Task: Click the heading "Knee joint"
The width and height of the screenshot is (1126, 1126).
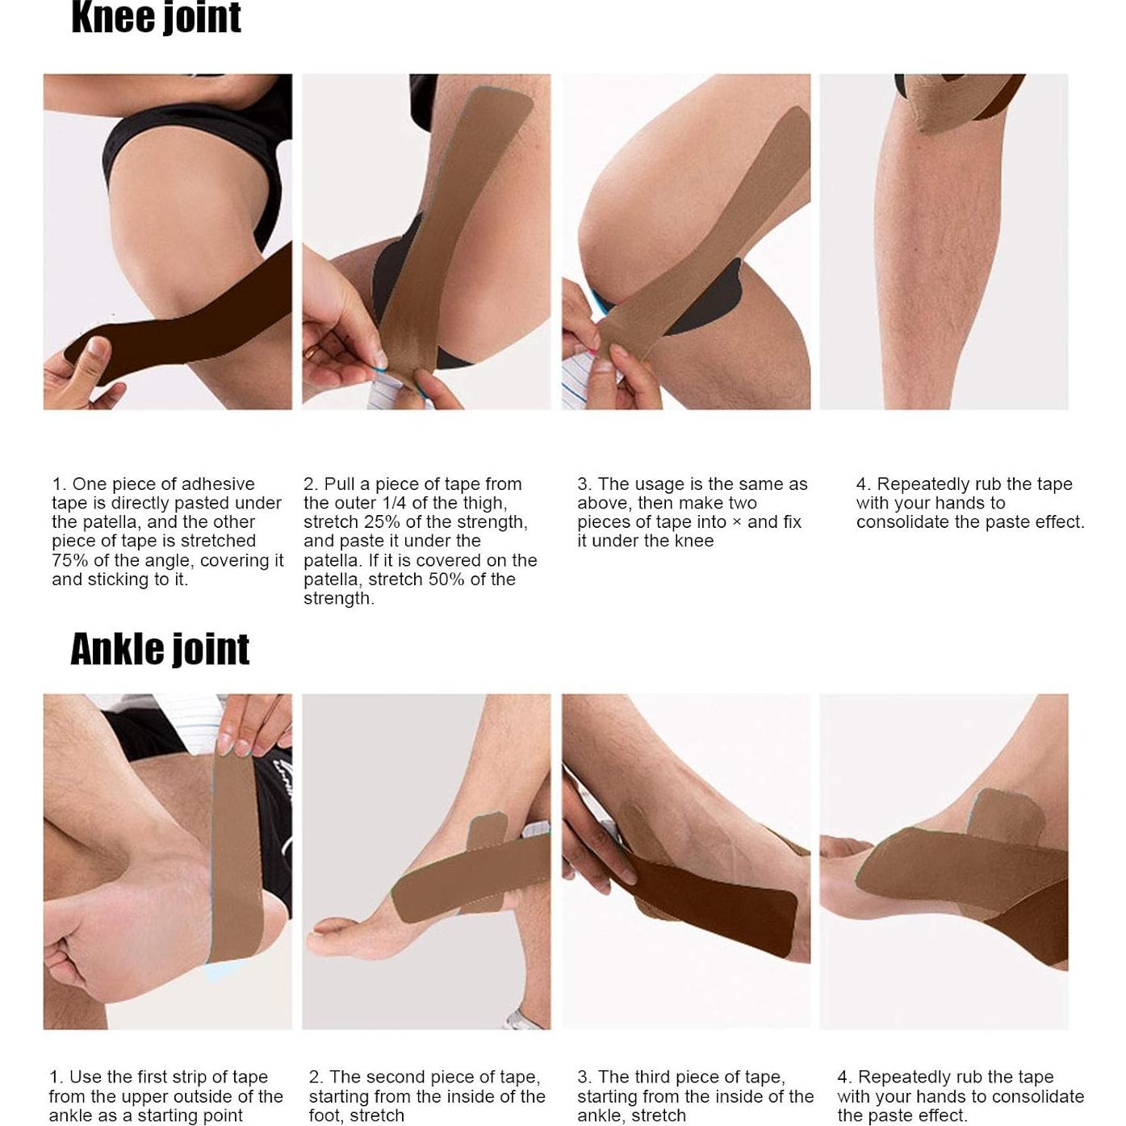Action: tap(156, 18)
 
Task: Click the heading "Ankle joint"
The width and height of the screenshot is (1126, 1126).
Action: tap(160, 649)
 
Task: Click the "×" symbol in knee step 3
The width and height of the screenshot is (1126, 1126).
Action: tap(735, 522)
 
